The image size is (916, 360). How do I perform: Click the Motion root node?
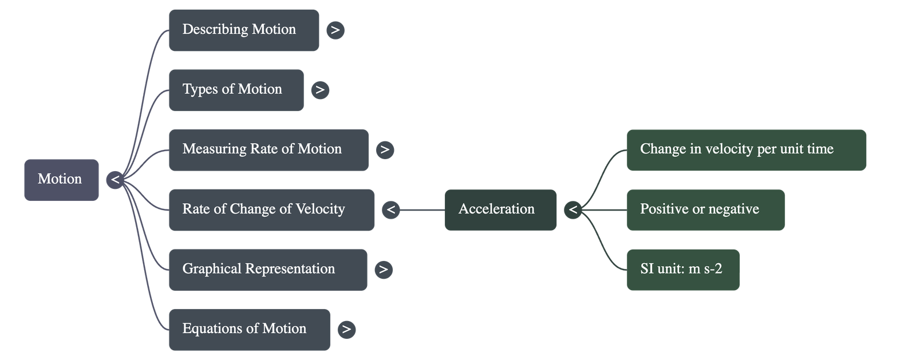click(61, 180)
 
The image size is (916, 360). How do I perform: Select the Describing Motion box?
click(243, 30)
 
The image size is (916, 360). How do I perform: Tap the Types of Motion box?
click(235, 90)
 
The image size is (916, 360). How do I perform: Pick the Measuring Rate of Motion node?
click(268, 150)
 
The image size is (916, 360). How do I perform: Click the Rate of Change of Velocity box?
click(271, 209)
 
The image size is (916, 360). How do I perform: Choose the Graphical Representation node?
click(267, 270)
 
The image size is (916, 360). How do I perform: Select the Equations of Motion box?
click(249, 329)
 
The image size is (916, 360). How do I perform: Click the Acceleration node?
click(500, 209)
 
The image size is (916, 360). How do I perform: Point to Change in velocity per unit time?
click(746, 150)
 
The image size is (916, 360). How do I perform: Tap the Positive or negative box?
click(705, 209)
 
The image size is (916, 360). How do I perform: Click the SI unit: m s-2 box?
click(682, 270)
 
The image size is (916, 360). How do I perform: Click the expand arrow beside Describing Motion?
click(335, 30)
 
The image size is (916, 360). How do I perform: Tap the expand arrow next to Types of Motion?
click(320, 90)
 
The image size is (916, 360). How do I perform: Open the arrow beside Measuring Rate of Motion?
click(385, 150)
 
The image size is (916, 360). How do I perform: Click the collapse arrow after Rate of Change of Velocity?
click(391, 209)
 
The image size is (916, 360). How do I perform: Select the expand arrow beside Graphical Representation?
click(384, 270)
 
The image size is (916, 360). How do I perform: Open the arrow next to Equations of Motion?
click(346, 329)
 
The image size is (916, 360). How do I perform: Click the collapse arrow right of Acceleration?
click(572, 209)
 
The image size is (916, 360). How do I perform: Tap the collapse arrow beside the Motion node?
click(115, 180)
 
